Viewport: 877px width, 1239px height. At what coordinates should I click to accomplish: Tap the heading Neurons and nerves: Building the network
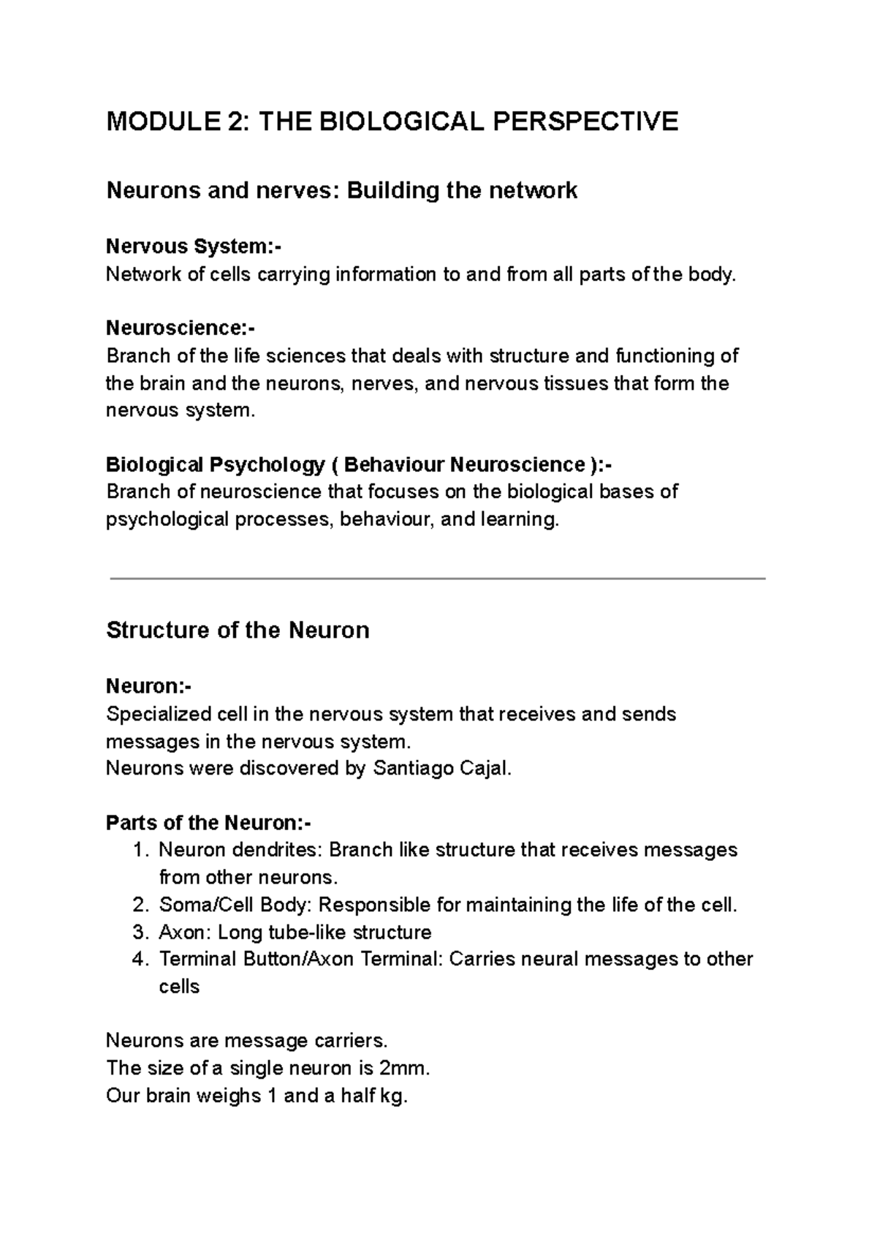[341, 191]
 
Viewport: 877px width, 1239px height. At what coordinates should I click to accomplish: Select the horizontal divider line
[437, 579]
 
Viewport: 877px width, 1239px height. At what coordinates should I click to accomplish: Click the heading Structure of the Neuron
[238, 630]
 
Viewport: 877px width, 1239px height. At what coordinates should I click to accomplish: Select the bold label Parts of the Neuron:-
[208, 824]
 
